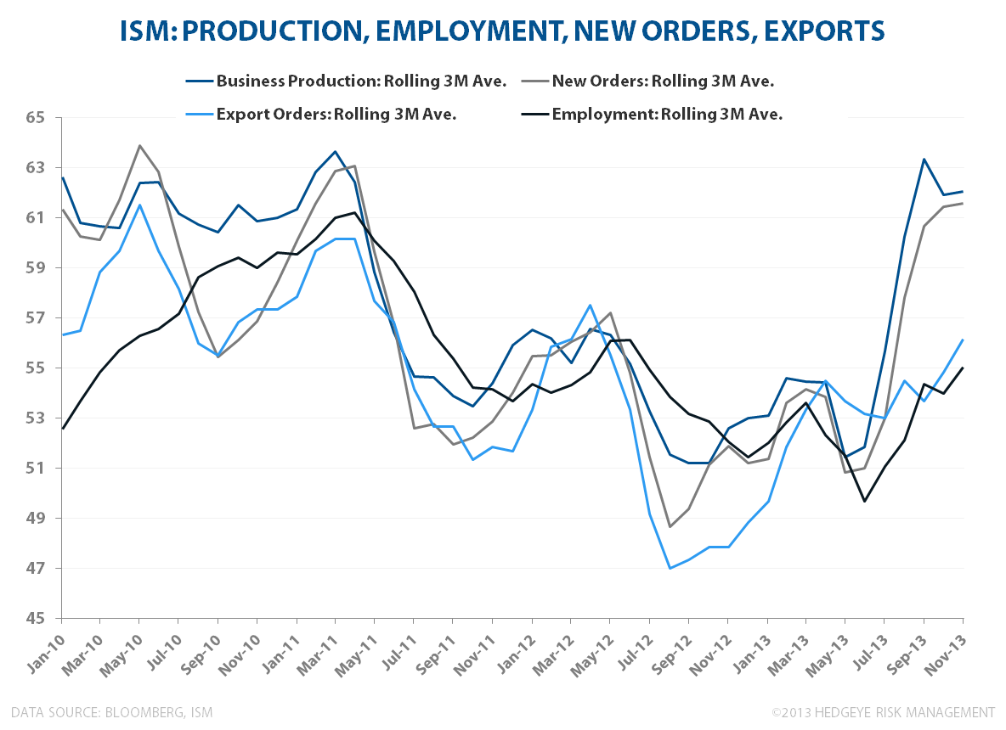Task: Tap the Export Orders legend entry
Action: [x=336, y=115]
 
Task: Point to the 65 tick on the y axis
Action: [x=36, y=117]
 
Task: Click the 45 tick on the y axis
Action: [x=36, y=619]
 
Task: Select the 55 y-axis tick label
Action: [x=36, y=368]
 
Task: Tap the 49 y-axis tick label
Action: [x=36, y=519]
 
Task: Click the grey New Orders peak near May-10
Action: [x=139, y=146]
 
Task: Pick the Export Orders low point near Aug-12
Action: [x=670, y=568]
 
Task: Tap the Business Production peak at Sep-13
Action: [x=924, y=159]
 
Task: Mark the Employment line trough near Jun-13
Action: [x=865, y=501]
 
